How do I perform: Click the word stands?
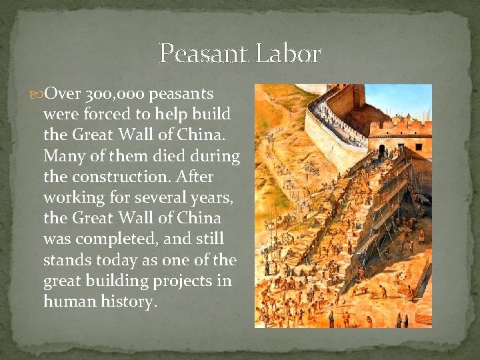click(64, 260)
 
